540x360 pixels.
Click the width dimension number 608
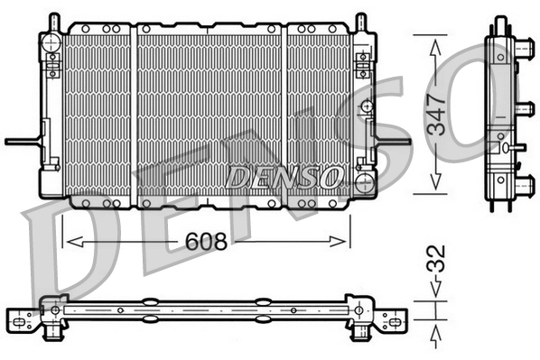click(205, 242)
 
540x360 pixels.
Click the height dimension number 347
click(437, 114)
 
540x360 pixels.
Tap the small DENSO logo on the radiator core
click(284, 176)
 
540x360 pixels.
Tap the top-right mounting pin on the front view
click(360, 22)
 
